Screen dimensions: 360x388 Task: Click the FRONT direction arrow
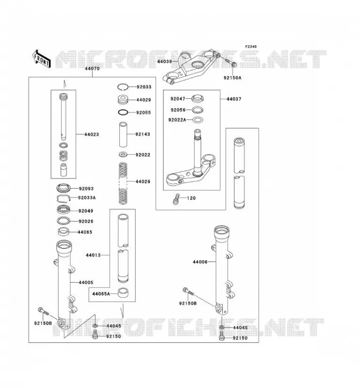point(42,59)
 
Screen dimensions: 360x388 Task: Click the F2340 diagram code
point(251,47)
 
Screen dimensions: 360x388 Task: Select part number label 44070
point(92,68)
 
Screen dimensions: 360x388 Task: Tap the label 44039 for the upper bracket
point(164,61)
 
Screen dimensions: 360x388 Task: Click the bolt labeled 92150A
point(231,63)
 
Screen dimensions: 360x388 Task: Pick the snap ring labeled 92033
point(123,87)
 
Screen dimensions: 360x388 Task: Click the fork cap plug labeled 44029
point(123,99)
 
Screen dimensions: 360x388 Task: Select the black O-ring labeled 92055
point(123,113)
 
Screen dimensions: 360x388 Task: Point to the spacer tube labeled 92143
point(123,134)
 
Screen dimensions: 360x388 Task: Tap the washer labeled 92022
point(123,155)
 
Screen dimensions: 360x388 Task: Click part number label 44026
point(143,181)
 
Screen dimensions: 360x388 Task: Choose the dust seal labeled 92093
point(64,188)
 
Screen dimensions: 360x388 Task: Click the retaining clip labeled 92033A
point(64,198)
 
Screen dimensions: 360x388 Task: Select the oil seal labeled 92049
point(64,210)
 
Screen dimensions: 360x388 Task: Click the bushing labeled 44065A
point(123,292)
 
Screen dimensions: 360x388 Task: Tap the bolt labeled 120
point(176,199)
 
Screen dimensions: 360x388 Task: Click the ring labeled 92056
point(198,110)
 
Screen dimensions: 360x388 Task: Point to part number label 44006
point(200,262)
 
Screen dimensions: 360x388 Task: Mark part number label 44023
point(92,134)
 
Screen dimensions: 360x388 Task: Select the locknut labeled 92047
point(198,98)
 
